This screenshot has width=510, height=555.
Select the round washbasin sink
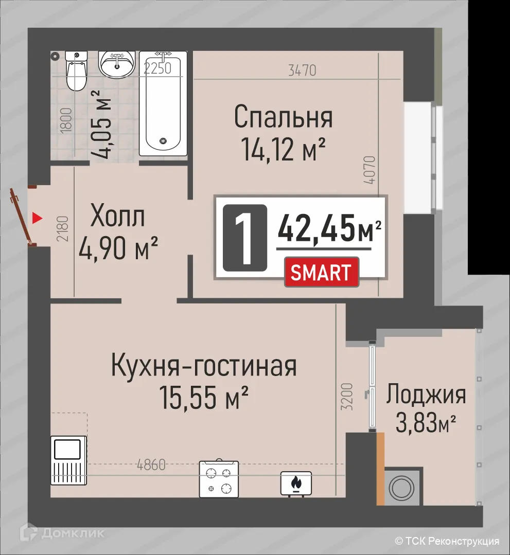[117, 65]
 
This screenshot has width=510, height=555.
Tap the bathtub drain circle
[164, 140]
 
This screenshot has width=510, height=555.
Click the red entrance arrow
[36, 219]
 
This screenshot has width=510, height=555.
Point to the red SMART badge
[322, 273]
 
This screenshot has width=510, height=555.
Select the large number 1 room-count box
[244, 238]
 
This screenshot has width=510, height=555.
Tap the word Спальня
[283, 117]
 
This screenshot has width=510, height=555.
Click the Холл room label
[118, 217]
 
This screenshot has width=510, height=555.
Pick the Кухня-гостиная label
[204, 366]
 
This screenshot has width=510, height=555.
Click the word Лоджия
[426, 395]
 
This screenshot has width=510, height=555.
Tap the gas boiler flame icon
[296, 483]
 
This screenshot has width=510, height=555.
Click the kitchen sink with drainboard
[69, 460]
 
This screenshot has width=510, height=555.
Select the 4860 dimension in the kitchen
[151, 466]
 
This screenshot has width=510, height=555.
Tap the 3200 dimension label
[347, 396]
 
